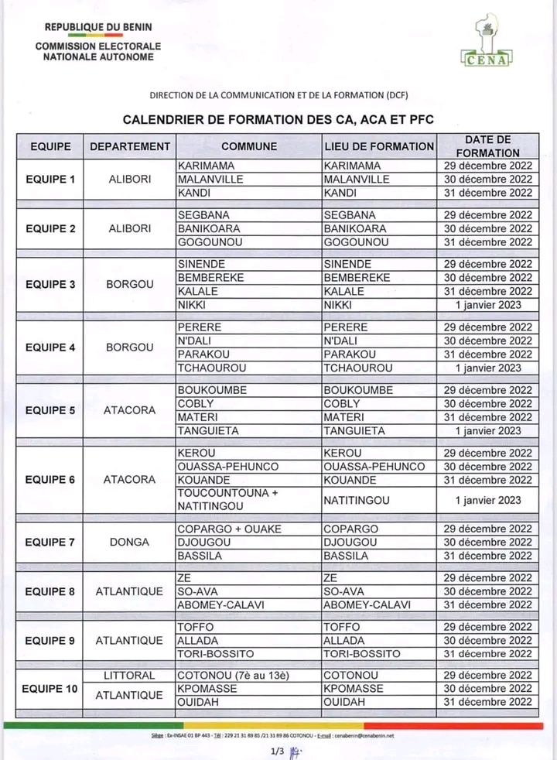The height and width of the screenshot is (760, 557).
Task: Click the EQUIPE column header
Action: pyautogui.click(x=50, y=146)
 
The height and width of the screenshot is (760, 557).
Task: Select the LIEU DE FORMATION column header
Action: pyautogui.click(x=379, y=146)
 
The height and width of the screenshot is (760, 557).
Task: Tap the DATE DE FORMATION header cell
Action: pyautogui.click(x=487, y=146)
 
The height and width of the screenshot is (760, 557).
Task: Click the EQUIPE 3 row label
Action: pyautogui.click(x=50, y=284)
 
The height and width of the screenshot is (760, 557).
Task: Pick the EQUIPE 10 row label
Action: pyautogui.click(x=50, y=689)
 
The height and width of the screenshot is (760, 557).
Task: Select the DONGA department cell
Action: pyautogui.click(x=129, y=542)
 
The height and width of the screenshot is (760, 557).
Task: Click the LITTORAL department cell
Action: pyautogui.click(x=129, y=675)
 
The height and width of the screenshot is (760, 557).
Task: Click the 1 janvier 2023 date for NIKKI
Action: pyautogui.click(x=487, y=305)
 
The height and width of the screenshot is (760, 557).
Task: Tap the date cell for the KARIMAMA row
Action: pyautogui.click(x=487, y=166)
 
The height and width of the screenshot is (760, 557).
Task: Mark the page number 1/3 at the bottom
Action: pyautogui.click(x=278, y=750)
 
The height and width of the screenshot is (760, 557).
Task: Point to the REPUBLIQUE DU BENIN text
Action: pyautogui.click(x=97, y=27)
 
